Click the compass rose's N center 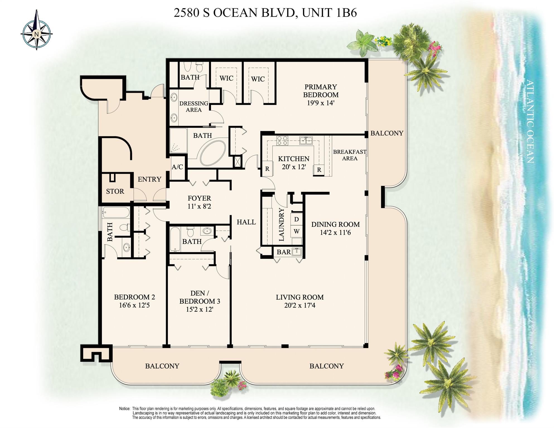(36, 34)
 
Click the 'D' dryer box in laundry (296, 219)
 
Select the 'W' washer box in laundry (296, 231)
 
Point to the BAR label (284, 252)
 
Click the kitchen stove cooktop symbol (282, 141)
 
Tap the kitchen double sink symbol (306, 140)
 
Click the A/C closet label (177, 167)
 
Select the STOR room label (115, 192)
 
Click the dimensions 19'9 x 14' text (320, 103)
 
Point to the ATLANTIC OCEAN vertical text (529, 122)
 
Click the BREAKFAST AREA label (349, 155)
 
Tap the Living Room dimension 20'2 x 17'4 (300, 305)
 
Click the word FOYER (199, 198)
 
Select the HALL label (246, 222)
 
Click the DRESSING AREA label (194, 107)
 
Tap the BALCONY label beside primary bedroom (387, 133)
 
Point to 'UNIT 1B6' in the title (329, 13)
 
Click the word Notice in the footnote (125, 409)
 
